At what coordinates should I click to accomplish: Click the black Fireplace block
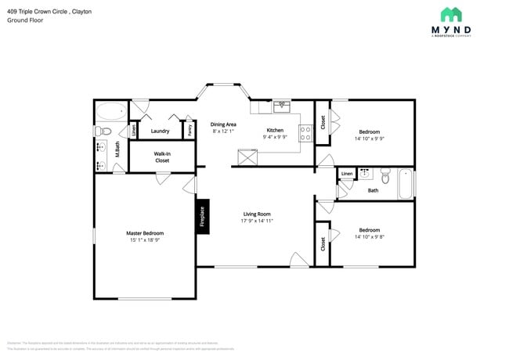[202, 216]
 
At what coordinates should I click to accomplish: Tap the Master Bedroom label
[145, 232]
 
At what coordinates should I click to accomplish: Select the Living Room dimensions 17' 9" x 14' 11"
[256, 221]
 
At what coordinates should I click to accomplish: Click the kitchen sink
[281, 104]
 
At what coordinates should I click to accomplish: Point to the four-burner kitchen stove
[306, 133]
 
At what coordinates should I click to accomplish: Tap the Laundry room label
[160, 131]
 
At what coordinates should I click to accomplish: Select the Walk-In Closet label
[161, 157]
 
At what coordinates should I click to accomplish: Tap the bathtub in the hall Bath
[406, 184]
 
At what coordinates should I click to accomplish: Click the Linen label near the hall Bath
[346, 174]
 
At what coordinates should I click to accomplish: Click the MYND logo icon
[450, 14]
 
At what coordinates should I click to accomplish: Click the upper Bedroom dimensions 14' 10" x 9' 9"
[369, 139]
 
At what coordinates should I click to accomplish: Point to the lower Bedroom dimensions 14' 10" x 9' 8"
[369, 236]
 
